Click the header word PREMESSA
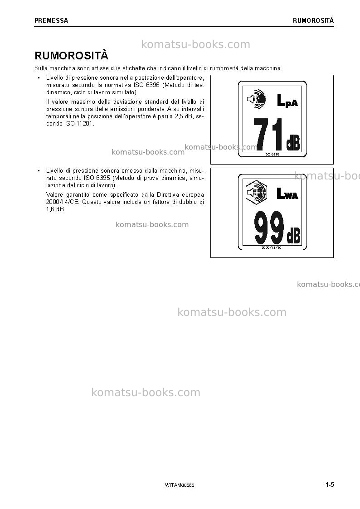[51, 20]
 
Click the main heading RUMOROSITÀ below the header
[72, 55]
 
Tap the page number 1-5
[330, 485]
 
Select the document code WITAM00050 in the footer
[180, 485]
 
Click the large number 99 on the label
[269, 228]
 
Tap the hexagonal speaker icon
[257, 192]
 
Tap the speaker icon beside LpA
[257, 98]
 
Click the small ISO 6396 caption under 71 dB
[272, 155]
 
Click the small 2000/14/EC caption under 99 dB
[272, 247]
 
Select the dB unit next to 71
[293, 142]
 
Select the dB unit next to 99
[293, 236]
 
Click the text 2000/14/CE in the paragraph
[63, 202]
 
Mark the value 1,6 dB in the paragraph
[56, 209]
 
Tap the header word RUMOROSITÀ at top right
[313, 20]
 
